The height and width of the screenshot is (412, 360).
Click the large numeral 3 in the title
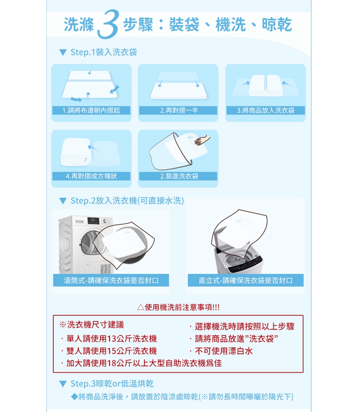[108, 24]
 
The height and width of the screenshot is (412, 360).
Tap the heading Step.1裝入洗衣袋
[103, 52]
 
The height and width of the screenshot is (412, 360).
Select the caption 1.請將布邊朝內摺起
[91, 110]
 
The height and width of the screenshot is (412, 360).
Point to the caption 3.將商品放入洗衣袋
[265, 110]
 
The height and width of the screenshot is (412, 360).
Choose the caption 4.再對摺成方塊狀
[91, 176]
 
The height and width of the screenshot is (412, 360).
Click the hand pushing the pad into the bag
[202, 140]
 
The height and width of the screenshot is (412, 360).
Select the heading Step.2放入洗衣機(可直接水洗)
[127, 201]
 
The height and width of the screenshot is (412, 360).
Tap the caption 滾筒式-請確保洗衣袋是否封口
[111, 281]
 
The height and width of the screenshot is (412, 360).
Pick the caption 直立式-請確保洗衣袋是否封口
[246, 281]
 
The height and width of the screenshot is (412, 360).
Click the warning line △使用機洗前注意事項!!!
[178, 307]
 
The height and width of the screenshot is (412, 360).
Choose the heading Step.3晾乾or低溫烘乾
[112, 384]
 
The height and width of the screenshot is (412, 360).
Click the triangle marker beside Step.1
[63, 52]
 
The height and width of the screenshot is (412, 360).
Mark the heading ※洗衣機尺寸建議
[91, 325]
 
